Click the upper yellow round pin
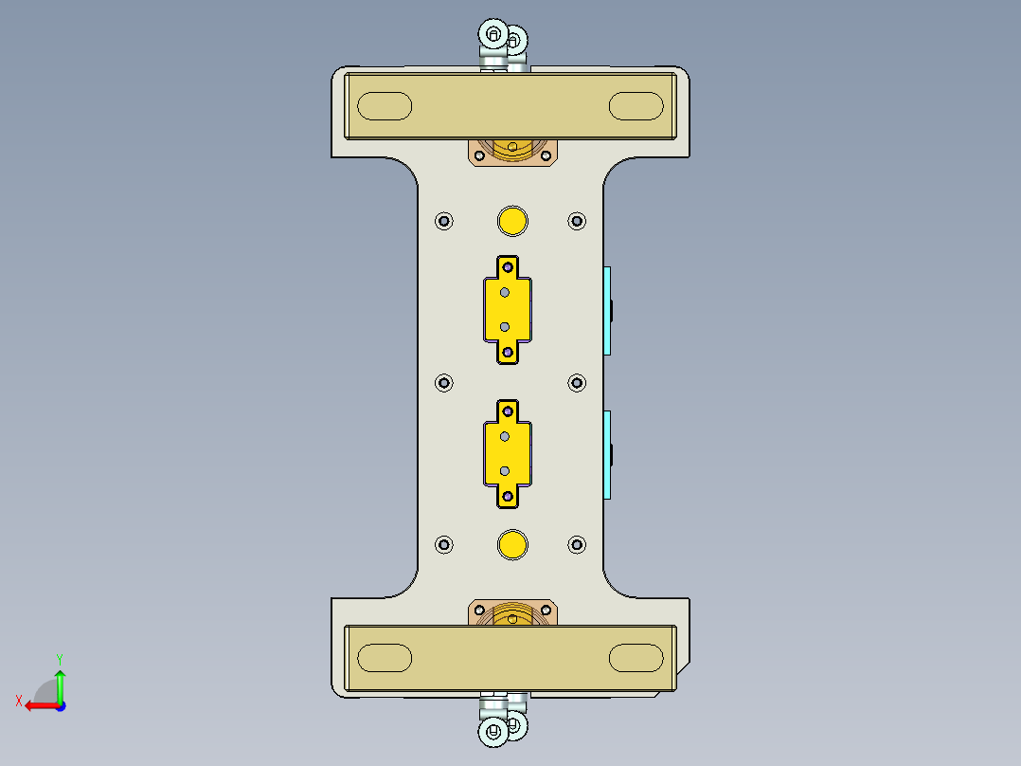coord(512,221)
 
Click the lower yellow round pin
coord(512,544)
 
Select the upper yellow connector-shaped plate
coord(507,309)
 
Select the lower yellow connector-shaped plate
coord(507,453)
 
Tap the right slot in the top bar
coord(636,106)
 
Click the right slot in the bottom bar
coord(636,657)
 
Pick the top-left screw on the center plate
coord(444,221)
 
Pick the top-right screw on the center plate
coord(577,221)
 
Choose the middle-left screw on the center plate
coord(444,382)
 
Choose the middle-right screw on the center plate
coord(577,382)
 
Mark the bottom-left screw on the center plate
coord(444,544)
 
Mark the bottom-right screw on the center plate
coord(577,544)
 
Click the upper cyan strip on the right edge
coord(607,310)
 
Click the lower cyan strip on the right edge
coord(607,455)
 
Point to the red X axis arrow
coord(38,704)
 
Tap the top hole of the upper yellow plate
coord(509,266)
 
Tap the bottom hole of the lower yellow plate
coord(509,496)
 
